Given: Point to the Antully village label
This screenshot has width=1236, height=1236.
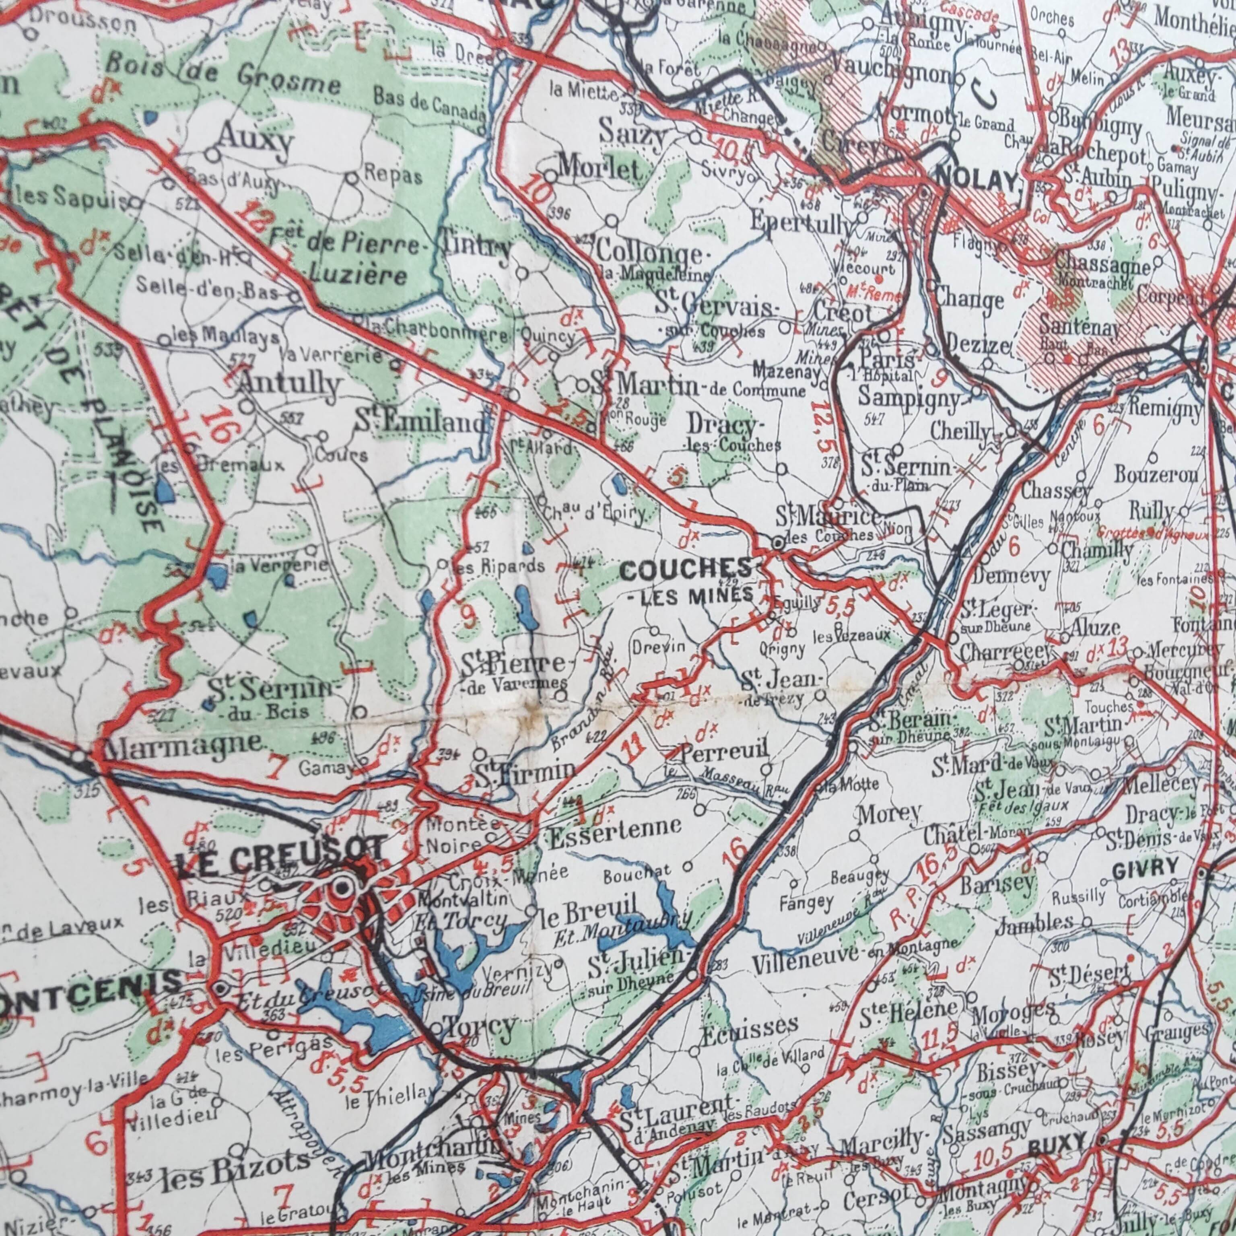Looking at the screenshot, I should (x=289, y=384).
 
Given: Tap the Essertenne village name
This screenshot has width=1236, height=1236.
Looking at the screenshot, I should (x=614, y=826).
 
